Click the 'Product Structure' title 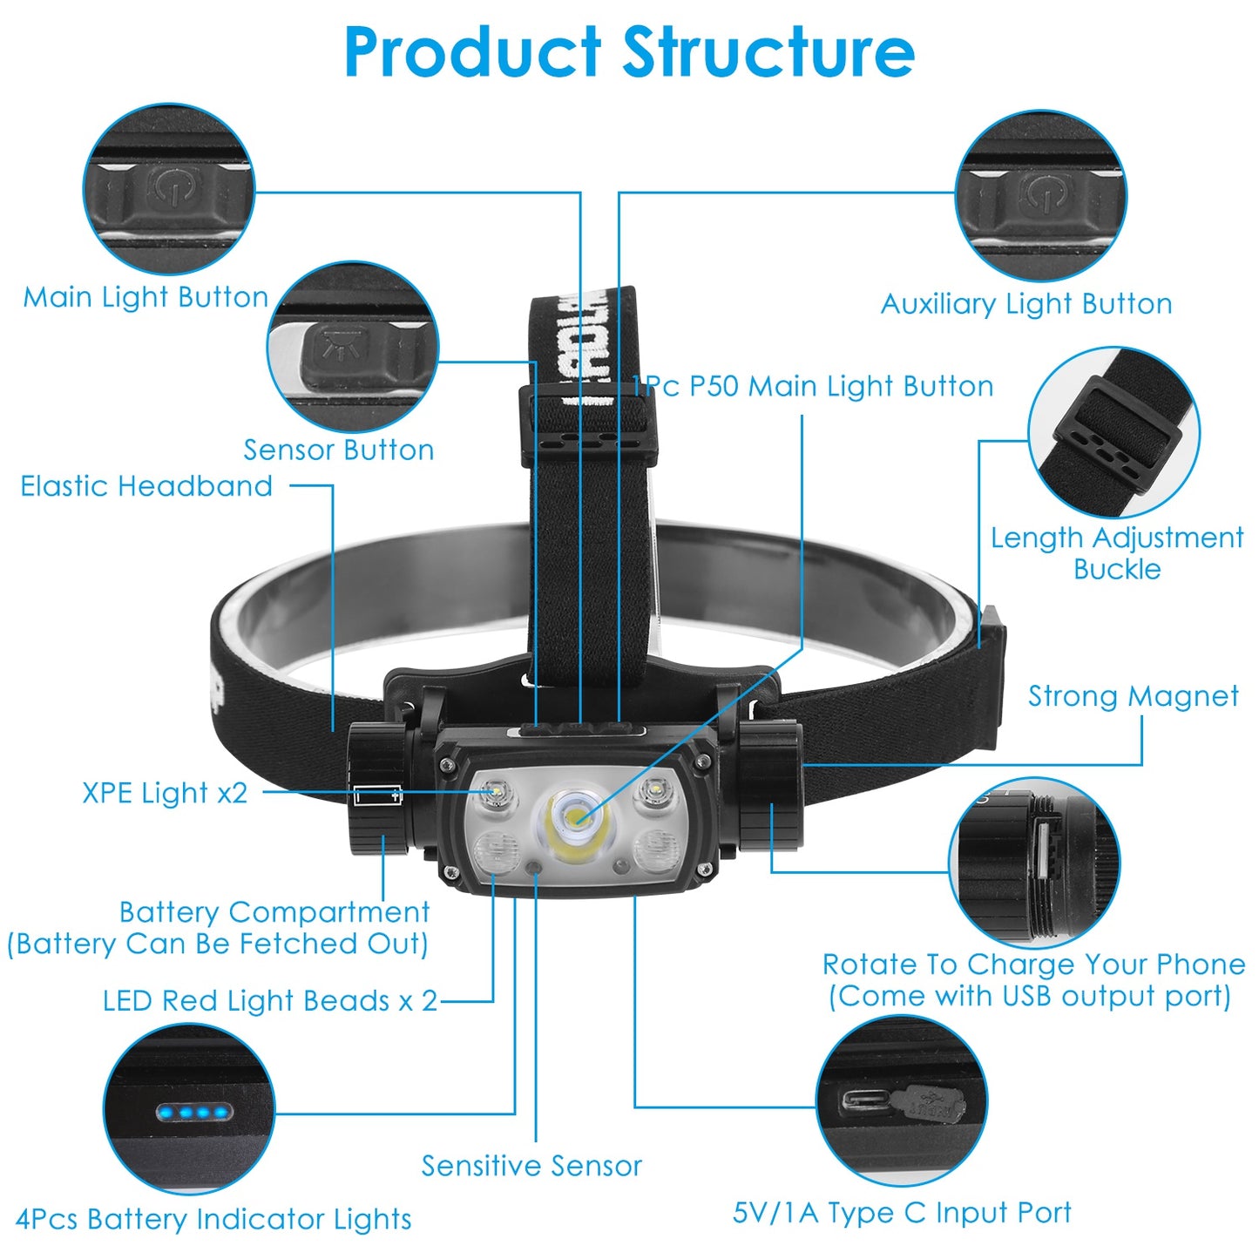pos(629,52)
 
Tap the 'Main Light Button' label pos(146,297)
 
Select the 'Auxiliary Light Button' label pos(1026,303)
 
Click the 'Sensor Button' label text pos(338,450)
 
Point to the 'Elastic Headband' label pos(146,485)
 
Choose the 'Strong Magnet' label pos(1133,695)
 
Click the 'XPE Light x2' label pos(165,793)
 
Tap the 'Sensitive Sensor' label pos(531,1165)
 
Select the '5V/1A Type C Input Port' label pos(902,1212)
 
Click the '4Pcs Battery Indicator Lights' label pos(213,1219)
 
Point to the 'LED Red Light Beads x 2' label pos(270,1000)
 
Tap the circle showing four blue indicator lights pos(189,1109)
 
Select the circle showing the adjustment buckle pos(1113,433)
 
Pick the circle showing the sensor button pos(353,346)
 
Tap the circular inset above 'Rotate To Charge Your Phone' pos(1034,863)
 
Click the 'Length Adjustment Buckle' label pos(1117,552)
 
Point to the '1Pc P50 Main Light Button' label pos(812,386)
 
